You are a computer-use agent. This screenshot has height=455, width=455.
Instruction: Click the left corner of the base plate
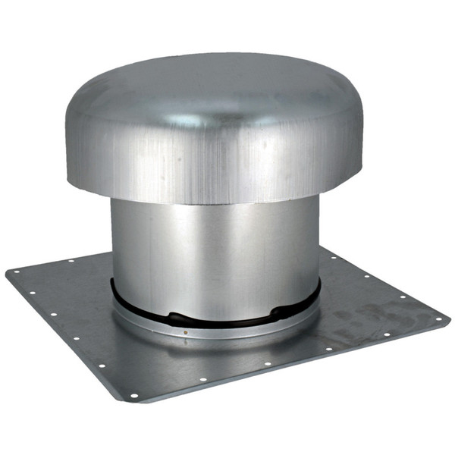click(8, 271)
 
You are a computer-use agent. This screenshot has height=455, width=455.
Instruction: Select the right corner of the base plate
click(448, 318)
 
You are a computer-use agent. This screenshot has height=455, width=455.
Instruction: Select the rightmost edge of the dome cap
click(362, 144)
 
